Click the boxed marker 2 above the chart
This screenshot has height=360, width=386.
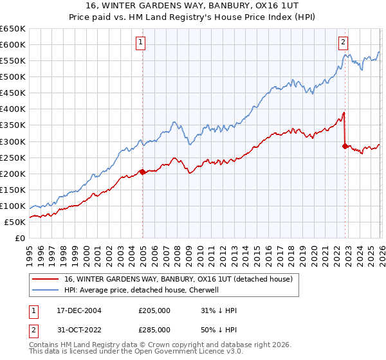coord(344,43)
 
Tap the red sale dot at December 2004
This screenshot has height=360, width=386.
coord(142,172)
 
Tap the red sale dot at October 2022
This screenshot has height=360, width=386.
coord(345,146)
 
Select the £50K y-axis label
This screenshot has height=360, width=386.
coord(15,222)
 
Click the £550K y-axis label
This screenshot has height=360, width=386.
coord(14,60)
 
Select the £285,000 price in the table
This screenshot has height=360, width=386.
coord(154,329)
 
